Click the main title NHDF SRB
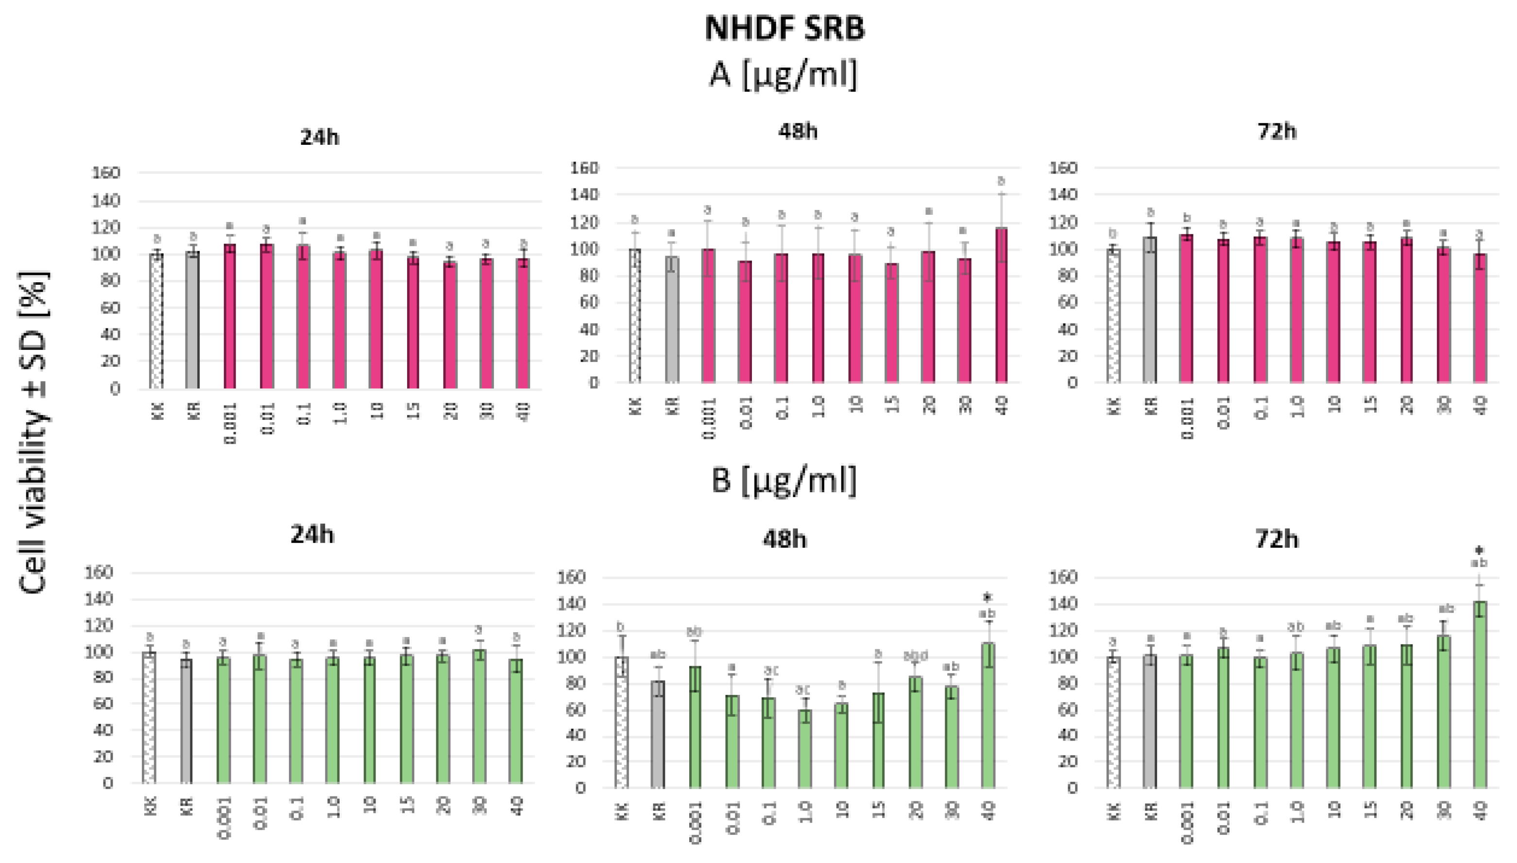(784, 29)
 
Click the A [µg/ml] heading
(783, 76)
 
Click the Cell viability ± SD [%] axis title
(34, 432)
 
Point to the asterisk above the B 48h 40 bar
(988, 597)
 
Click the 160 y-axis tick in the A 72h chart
(1063, 168)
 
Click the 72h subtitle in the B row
(1277, 539)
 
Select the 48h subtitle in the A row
(798, 131)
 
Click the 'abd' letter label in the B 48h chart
(915, 656)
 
